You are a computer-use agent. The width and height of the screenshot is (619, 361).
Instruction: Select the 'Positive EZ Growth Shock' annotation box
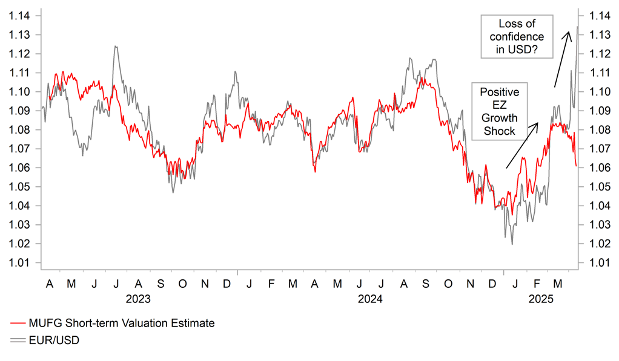coord(499,111)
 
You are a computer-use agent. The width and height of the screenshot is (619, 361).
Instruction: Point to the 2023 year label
coord(138,299)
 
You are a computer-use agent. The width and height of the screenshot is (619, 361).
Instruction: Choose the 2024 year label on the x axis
coord(370,299)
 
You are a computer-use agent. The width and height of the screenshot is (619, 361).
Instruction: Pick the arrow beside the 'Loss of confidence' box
coord(561,60)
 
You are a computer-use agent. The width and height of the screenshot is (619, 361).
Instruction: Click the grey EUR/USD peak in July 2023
coord(114,47)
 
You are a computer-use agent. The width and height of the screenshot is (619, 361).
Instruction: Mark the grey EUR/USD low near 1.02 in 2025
coord(512,244)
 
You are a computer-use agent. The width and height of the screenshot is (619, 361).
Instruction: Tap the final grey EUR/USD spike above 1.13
coord(577,27)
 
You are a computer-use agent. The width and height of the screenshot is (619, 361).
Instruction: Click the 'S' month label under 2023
coord(161,283)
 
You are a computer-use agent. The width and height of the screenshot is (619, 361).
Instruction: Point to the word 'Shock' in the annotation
coord(500,131)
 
